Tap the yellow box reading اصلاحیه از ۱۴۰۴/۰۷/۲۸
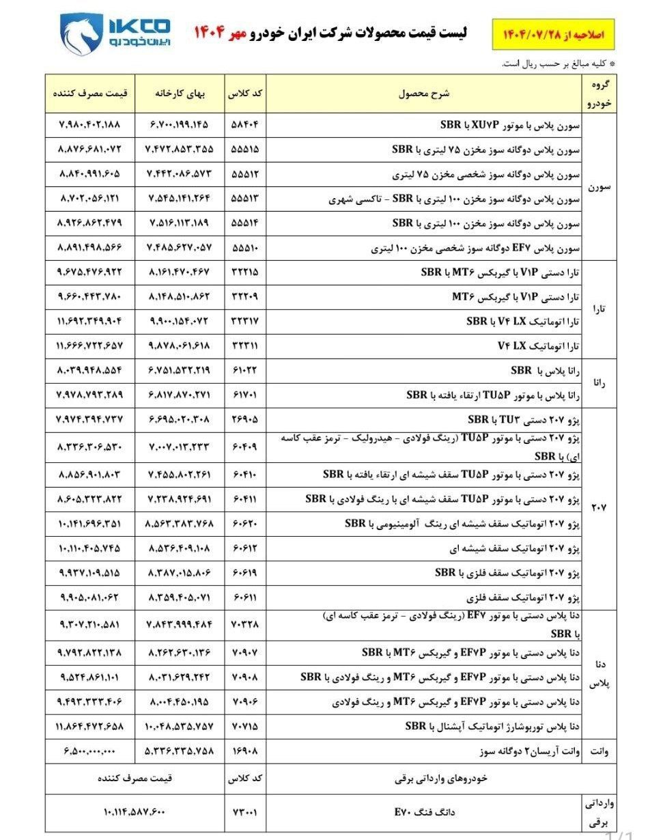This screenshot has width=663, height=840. [x=553, y=35]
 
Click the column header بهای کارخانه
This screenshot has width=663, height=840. [x=180, y=94]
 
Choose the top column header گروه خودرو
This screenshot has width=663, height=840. [x=599, y=94]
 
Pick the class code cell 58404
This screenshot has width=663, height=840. [x=246, y=126]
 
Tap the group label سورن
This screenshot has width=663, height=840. [x=599, y=186]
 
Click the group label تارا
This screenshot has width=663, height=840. [x=599, y=309]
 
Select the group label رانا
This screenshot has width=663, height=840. [x=599, y=382]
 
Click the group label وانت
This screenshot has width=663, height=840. [x=599, y=751]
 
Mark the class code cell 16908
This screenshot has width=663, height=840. [x=246, y=751]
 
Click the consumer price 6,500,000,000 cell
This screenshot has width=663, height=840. [x=89, y=751]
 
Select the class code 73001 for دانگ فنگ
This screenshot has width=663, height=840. [x=246, y=812]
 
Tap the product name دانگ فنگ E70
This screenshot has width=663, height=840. [x=424, y=812]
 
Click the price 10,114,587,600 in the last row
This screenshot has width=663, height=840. [x=135, y=812]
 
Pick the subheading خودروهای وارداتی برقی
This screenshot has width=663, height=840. [x=424, y=779]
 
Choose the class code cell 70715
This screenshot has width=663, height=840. [x=246, y=725]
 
